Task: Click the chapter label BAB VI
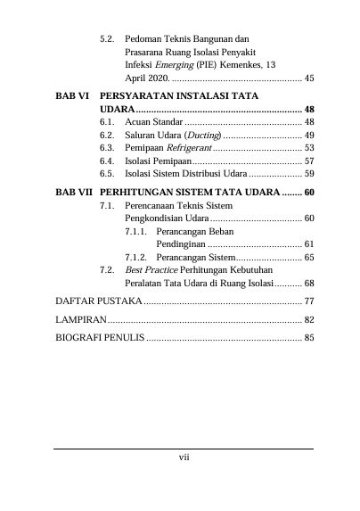point(70,94)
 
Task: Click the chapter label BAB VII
point(72,192)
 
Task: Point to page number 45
point(308,78)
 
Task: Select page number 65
point(308,257)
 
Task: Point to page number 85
point(308,338)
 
